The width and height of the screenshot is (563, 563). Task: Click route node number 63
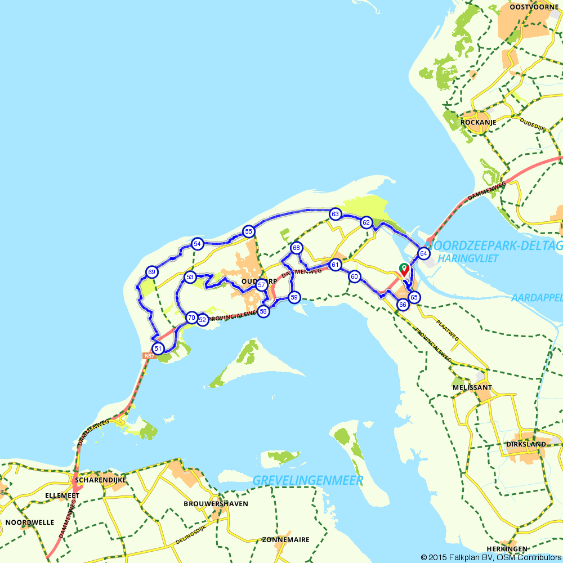point(336,214)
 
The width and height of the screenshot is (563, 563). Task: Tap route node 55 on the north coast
point(248,231)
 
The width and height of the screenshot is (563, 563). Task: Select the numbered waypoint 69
point(151,272)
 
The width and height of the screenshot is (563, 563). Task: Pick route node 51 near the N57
point(158,348)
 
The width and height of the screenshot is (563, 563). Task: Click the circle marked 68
point(296,248)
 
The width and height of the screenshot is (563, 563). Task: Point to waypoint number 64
point(423,253)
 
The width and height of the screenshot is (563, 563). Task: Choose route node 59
point(294,297)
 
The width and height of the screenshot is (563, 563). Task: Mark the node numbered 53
point(190,277)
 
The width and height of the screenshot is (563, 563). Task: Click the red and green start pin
point(404,269)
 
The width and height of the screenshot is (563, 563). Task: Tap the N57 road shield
point(149,356)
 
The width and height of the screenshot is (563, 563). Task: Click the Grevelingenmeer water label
point(308,480)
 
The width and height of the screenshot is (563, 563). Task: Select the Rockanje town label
point(477,122)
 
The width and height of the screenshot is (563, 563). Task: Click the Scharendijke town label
point(100,480)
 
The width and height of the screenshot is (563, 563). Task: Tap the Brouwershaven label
point(216,503)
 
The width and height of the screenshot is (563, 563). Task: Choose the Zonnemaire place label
point(285,539)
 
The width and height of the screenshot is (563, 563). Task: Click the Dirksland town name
point(526,444)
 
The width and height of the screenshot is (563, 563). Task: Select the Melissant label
point(472,387)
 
